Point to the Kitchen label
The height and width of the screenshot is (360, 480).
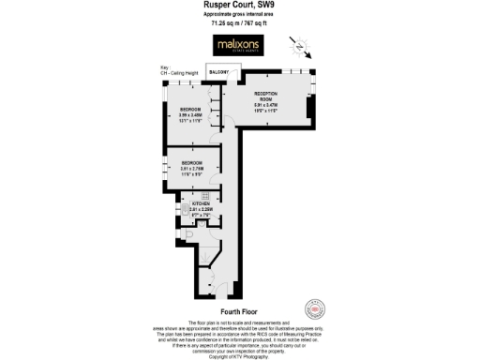click(x=200, y=203)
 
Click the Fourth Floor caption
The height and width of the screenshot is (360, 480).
click(x=239, y=310)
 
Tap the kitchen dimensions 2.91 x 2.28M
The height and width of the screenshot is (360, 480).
click(x=200, y=209)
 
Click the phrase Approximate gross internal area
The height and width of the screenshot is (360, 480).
click(x=240, y=14)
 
